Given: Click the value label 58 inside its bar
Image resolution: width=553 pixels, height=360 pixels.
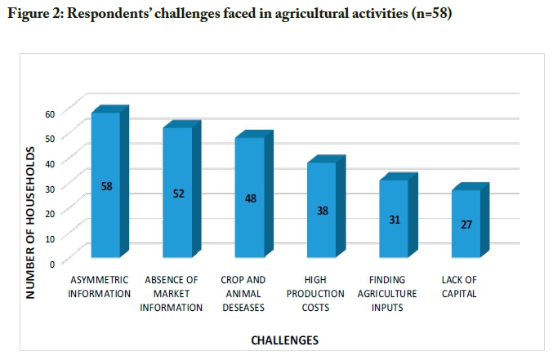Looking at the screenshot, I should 106,186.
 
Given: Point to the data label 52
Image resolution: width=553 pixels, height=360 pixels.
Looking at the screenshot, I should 178,193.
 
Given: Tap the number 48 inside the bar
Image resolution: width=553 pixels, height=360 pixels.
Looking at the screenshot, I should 250,198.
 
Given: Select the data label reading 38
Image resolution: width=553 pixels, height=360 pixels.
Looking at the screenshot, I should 322,211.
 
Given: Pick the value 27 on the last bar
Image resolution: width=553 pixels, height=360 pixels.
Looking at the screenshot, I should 466,224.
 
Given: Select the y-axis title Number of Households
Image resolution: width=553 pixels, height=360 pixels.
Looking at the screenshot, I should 29,222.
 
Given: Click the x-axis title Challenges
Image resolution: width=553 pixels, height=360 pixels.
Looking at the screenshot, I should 284,339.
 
